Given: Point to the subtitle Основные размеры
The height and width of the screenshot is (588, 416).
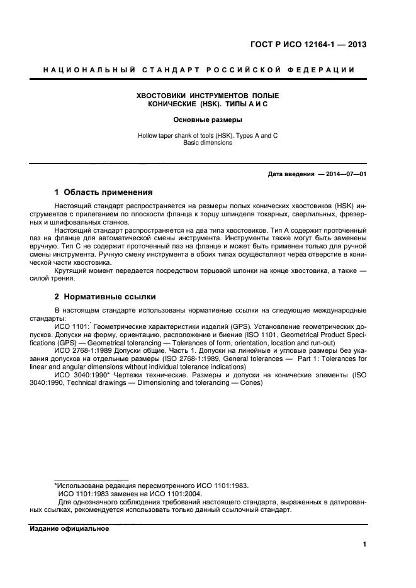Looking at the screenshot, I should [x=207, y=119].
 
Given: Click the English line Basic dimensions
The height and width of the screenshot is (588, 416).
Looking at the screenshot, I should [x=208, y=143].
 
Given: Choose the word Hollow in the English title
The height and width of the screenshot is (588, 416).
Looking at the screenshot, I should [x=148, y=135].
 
